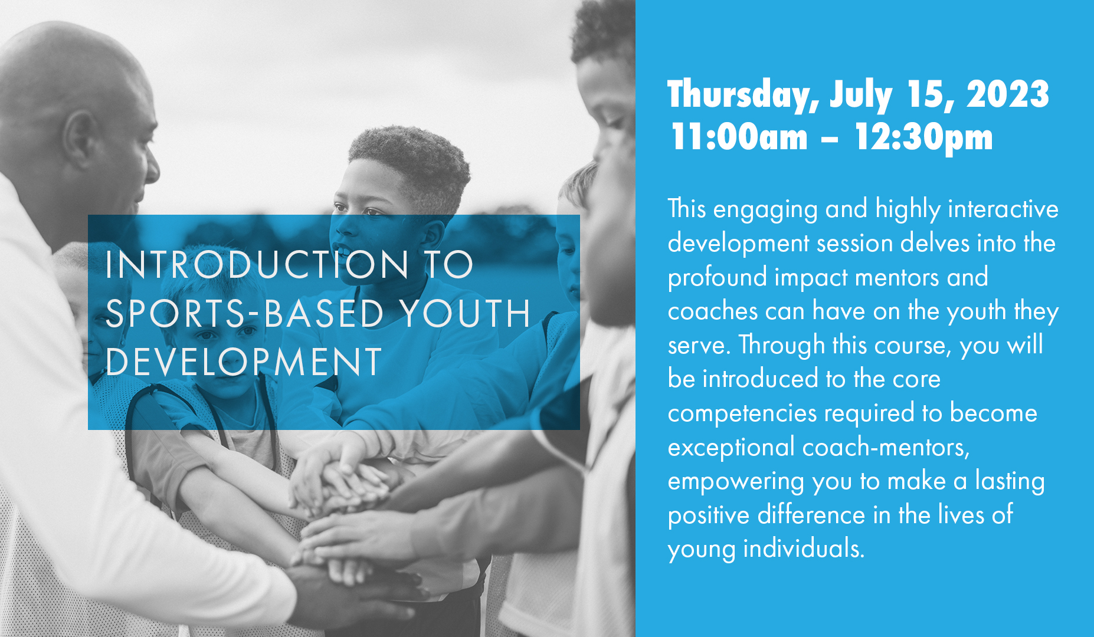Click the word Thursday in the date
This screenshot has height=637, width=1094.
[x=742, y=94]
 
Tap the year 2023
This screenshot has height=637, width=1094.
[x=1008, y=94]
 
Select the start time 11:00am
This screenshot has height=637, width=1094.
[x=739, y=137]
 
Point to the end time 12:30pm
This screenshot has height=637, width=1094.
[x=923, y=137]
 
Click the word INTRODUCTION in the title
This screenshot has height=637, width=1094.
[x=257, y=264]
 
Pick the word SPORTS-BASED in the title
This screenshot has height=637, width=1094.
[x=244, y=313]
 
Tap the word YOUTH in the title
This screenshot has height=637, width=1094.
[x=466, y=313]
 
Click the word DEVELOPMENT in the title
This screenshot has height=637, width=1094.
[x=244, y=362]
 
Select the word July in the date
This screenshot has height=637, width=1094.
[x=861, y=94]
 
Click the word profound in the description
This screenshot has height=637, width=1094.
[x=717, y=278]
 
